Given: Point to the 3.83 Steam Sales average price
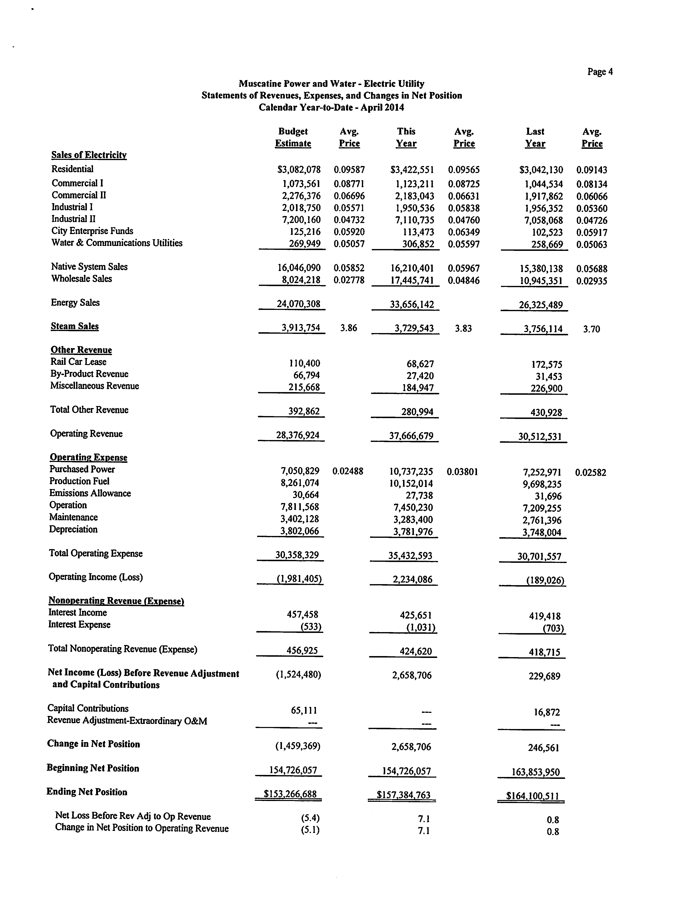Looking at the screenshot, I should point(463,329).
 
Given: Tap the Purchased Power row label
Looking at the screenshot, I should point(82,469).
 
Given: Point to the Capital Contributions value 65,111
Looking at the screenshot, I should point(304,710).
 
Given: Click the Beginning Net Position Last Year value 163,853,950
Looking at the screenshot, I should point(535,772).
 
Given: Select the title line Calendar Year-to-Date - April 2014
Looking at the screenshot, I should point(331,108).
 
